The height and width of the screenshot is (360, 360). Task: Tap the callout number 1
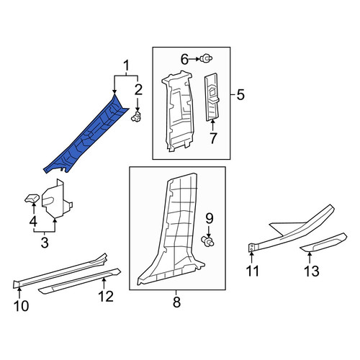point(126,66)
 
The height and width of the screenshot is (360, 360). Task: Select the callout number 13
point(312,271)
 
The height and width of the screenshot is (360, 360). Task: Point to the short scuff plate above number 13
point(324,243)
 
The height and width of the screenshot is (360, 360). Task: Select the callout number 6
point(184,60)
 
